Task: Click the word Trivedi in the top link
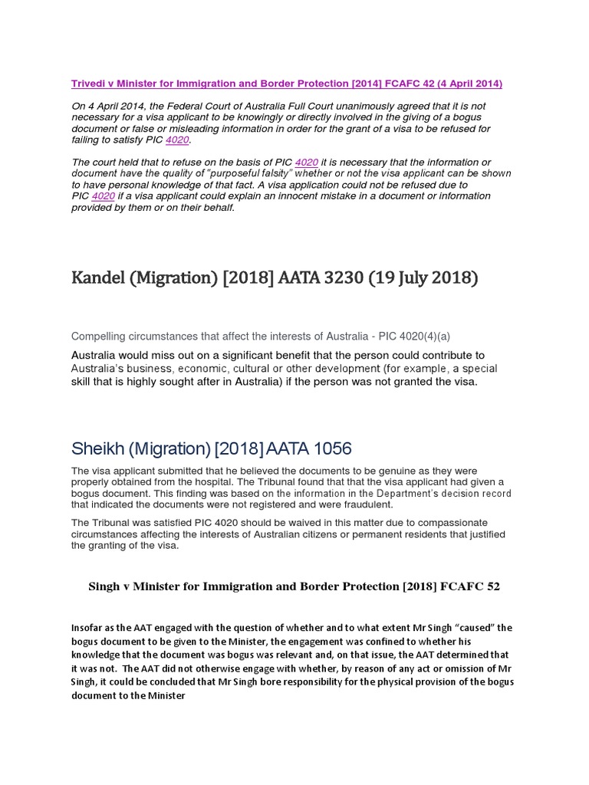coord(88,84)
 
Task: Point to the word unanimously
coord(325,106)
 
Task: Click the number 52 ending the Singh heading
coord(492,587)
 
